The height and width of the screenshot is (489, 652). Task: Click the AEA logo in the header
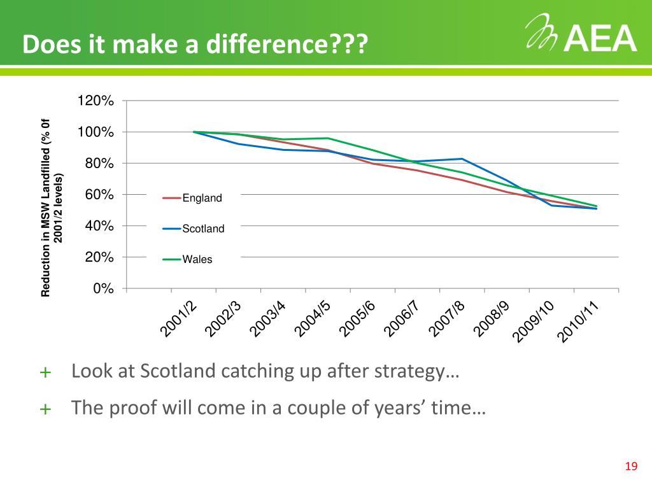click(x=581, y=35)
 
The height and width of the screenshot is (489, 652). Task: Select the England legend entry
click(x=202, y=198)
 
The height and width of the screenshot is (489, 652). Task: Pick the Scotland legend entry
click(x=203, y=229)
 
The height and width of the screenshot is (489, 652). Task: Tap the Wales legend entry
click(x=197, y=260)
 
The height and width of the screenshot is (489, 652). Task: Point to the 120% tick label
click(x=96, y=101)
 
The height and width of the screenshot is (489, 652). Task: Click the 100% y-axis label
click(x=96, y=132)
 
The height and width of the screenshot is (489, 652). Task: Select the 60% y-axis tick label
click(x=99, y=195)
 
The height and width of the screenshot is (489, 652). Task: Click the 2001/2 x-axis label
click(x=178, y=319)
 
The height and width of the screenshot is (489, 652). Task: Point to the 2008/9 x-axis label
click(x=491, y=319)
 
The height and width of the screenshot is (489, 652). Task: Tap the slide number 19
click(x=631, y=467)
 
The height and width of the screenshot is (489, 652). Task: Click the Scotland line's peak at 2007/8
click(x=462, y=159)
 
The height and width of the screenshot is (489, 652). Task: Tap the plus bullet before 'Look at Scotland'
click(x=45, y=372)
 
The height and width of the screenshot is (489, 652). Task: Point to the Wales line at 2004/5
click(x=328, y=138)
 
